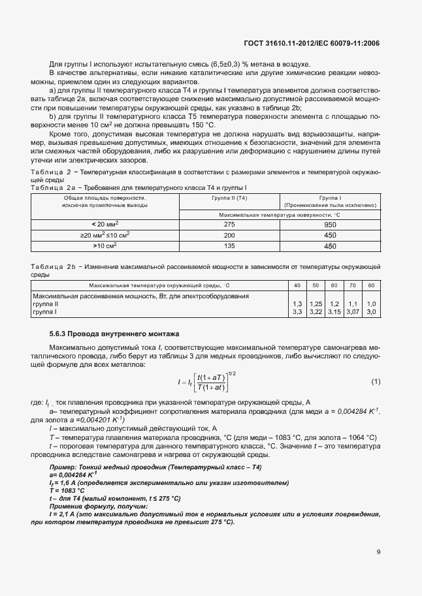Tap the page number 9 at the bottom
[x=379, y=552]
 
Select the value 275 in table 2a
[x=229, y=224]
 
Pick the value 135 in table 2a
[x=229, y=246]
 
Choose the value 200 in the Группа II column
[x=229, y=235]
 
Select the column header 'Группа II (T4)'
[x=229, y=196]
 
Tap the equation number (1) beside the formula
[x=375, y=381]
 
